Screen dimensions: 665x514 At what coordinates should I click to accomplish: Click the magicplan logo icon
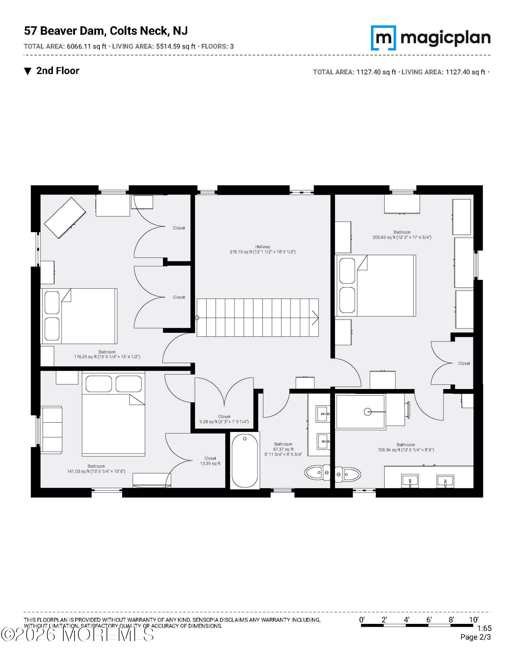click(383, 38)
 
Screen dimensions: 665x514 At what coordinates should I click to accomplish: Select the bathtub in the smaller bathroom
click(245, 461)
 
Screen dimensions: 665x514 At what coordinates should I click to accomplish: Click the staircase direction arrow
click(315, 318)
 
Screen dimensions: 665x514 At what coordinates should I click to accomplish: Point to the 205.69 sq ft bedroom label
click(402, 235)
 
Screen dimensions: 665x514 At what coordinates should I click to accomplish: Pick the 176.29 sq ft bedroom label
click(107, 354)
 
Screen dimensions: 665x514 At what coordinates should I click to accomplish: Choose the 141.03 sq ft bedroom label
click(96, 468)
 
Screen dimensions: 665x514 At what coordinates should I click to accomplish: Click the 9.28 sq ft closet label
click(224, 419)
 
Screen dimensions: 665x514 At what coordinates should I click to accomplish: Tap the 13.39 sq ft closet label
click(210, 461)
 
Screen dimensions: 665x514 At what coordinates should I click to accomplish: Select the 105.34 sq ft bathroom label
click(406, 447)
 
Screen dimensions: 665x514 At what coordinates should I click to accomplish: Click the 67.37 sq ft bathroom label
click(283, 449)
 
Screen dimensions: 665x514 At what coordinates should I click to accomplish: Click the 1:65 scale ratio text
click(484, 628)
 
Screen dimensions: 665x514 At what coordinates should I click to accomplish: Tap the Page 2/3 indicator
click(475, 637)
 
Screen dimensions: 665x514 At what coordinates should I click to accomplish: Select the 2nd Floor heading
click(57, 71)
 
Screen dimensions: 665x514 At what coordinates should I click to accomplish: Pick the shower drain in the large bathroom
click(367, 412)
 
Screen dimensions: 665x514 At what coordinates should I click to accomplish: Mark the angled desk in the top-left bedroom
click(65, 218)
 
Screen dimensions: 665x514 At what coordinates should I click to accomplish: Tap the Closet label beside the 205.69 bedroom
click(464, 363)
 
